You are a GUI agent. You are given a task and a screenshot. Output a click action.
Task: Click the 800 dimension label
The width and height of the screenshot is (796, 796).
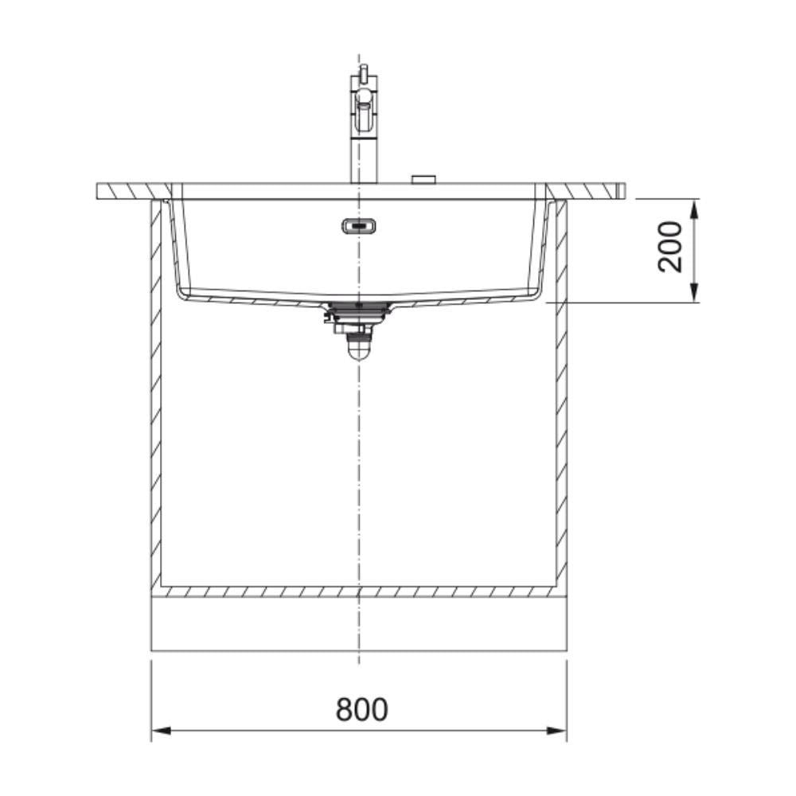click(361, 709)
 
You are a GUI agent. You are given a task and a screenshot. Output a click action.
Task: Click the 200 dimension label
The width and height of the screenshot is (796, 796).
click(670, 248)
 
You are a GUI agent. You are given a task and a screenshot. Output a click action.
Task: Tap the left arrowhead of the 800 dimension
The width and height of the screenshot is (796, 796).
click(161, 731)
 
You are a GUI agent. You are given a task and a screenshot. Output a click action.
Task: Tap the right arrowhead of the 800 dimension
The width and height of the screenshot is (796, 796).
click(557, 731)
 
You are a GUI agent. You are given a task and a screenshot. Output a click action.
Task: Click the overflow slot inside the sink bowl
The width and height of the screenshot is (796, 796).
click(359, 226)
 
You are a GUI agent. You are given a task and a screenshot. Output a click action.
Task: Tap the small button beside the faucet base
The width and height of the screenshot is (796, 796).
click(424, 179)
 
